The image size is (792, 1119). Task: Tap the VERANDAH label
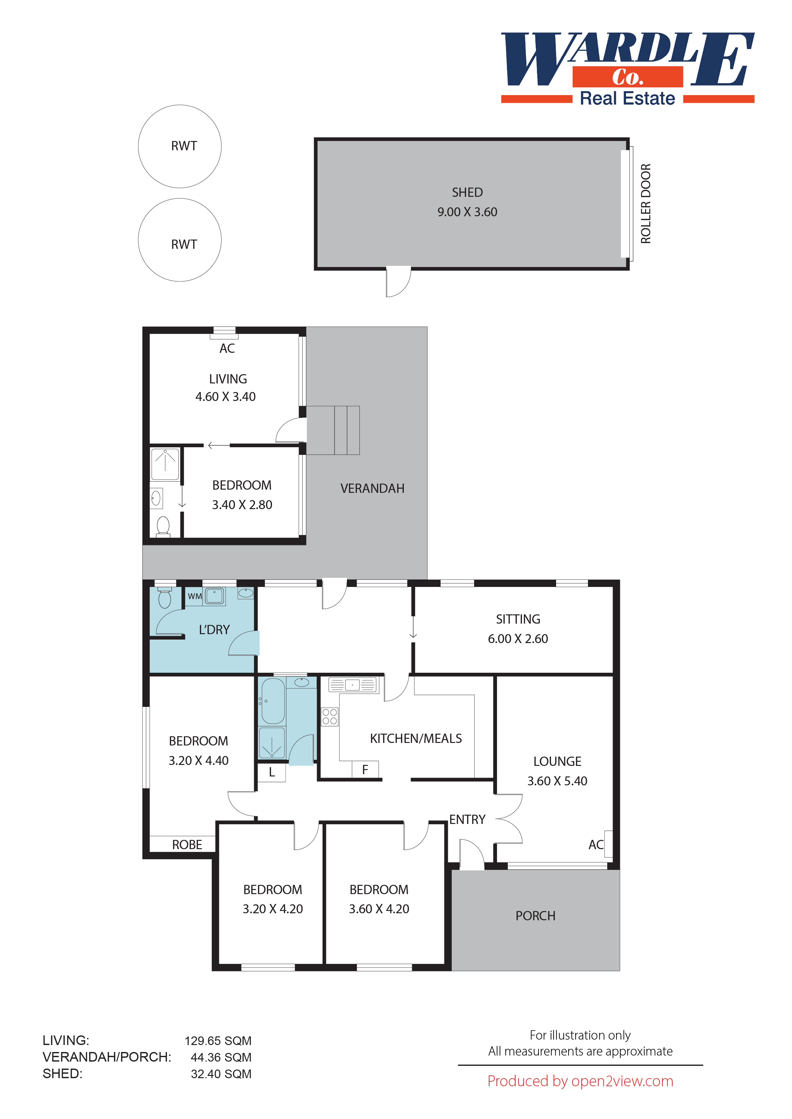coord(372,488)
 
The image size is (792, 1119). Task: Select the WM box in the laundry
coord(195,596)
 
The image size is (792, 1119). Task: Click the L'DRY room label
coord(214,630)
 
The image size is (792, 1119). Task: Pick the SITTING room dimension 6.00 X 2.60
coord(517,639)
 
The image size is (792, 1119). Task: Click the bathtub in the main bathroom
coord(273,701)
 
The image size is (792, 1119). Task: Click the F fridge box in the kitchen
coord(365,770)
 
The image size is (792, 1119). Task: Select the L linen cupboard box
coord(272,772)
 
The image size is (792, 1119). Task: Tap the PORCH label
coord(535,916)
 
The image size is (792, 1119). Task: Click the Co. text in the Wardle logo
coord(627,77)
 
